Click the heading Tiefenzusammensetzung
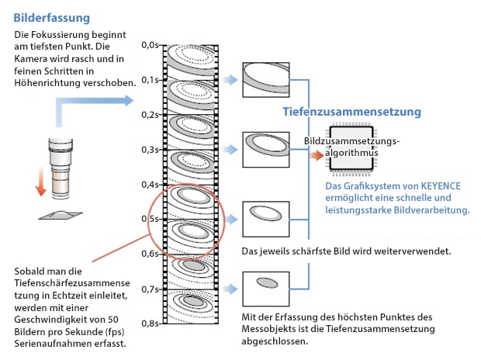click(351, 112)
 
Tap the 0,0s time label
click(151, 44)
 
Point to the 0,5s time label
click(151, 219)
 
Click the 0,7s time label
click(151, 289)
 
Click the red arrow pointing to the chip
click(315, 154)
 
